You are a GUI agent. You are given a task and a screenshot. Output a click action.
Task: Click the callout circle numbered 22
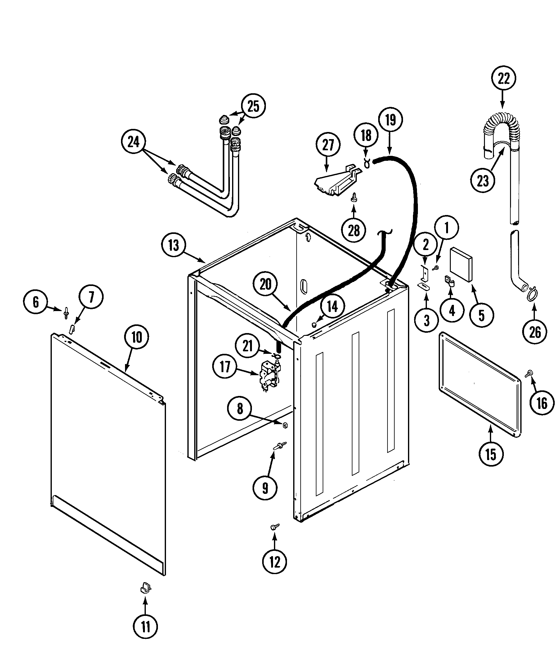[503, 78]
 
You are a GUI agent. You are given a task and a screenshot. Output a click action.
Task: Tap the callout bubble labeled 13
[173, 245]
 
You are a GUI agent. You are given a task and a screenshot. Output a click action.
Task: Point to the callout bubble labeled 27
[328, 145]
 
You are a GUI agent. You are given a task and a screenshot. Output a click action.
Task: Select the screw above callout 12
[275, 526]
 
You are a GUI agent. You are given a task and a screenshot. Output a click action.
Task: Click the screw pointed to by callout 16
[529, 373]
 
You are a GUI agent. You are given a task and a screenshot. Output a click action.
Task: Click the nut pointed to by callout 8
[285, 425]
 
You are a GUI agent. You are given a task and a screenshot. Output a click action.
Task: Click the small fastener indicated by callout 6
[66, 312]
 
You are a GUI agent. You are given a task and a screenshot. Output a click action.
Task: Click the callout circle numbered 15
[491, 454]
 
